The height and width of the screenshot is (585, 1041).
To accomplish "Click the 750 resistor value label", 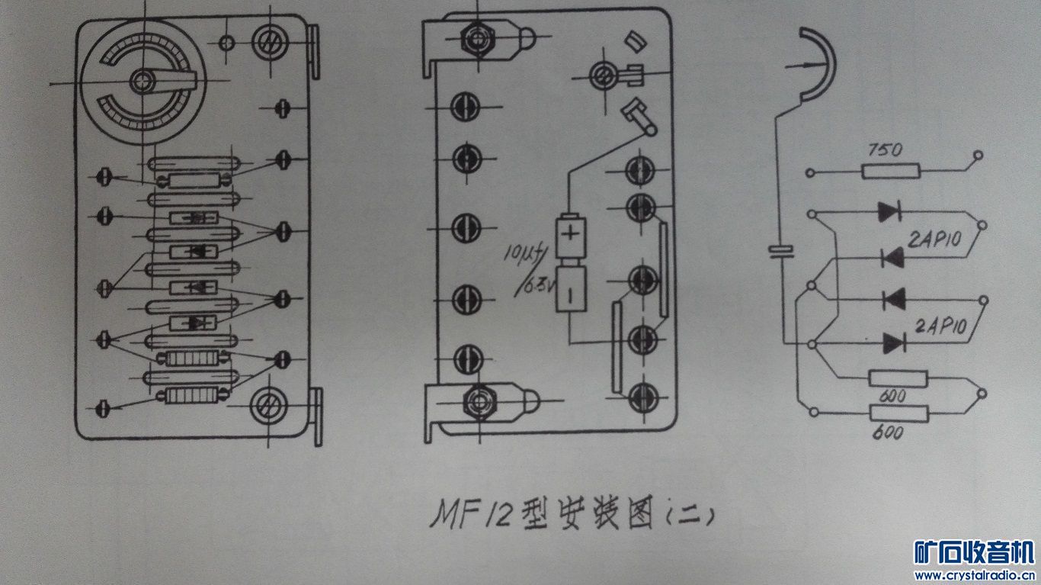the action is pos(885,149).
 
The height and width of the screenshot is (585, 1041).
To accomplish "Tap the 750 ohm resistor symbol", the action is pos(891,172).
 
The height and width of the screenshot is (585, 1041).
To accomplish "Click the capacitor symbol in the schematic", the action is pos(781,251).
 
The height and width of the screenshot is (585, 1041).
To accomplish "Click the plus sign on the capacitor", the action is pos(571,232).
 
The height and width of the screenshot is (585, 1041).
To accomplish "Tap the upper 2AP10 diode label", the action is pos(934,239).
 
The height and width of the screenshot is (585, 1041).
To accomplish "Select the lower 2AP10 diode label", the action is pos(940,326).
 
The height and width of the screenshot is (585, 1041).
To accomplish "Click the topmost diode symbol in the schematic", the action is pos(890,211).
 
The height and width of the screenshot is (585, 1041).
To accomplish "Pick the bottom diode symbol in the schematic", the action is pos(894,343).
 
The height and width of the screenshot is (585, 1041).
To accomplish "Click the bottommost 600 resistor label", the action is pos(888,432).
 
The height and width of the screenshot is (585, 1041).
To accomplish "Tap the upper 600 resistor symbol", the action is pos(898,378).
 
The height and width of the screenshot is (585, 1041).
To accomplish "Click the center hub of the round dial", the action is pos(143,81).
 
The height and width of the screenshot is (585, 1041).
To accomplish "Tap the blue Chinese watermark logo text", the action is pos(973,552).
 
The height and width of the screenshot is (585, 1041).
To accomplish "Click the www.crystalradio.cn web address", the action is pos(974,576).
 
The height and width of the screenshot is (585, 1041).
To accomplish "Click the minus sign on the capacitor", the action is pos(571,294).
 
